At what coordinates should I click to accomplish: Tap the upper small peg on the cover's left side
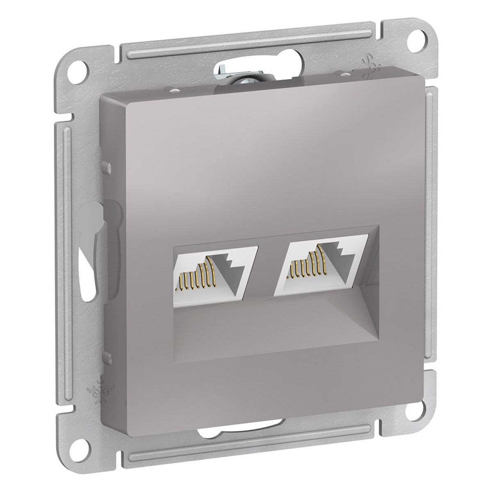(107, 168)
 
